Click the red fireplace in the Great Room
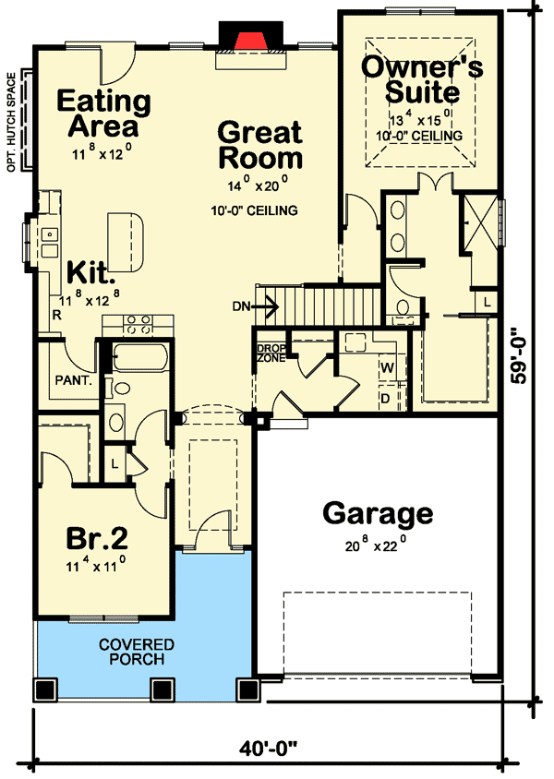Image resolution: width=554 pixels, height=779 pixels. (250, 42)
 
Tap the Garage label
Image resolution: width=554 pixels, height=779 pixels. (378, 514)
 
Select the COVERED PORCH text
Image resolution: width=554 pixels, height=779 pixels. (137, 652)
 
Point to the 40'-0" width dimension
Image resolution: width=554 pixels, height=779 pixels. (268, 748)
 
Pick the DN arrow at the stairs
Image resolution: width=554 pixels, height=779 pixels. (263, 306)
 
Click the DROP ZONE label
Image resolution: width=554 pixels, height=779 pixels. (271, 353)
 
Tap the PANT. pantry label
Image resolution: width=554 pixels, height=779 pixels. (74, 381)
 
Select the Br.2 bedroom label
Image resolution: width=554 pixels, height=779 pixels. (97, 538)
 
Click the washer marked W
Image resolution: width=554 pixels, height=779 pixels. (388, 368)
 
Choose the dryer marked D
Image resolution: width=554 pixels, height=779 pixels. (386, 399)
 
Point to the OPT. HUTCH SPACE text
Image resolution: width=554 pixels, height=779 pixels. (11, 123)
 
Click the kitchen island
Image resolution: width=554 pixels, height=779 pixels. (126, 242)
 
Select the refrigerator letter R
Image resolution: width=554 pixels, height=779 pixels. (57, 315)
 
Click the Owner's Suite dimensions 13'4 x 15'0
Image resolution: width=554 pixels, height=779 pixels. (420, 120)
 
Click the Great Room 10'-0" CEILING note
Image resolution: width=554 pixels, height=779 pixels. (255, 210)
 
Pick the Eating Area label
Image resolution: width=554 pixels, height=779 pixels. (103, 114)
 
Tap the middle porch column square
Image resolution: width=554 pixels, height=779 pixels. (162, 689)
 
